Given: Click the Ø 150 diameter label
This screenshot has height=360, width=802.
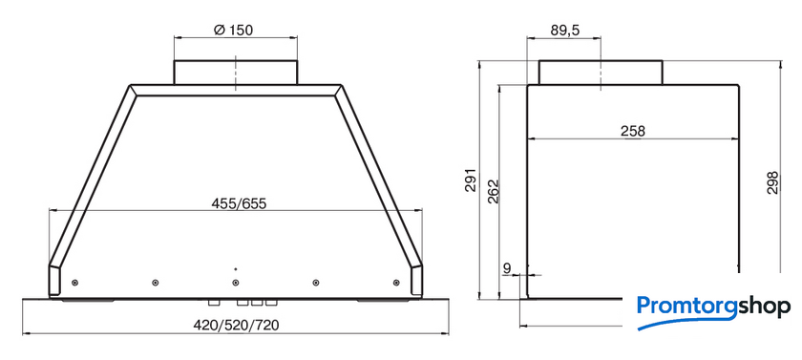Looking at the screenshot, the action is (233, 31).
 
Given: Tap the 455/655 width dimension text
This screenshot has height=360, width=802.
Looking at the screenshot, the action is (239, 203).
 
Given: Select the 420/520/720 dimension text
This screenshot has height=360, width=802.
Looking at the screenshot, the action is (236, 326).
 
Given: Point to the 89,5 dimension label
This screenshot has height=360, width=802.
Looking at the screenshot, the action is (564, 32).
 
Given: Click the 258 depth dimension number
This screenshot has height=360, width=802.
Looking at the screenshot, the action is (633, 131).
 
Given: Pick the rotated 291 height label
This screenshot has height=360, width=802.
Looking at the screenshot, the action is (471, 180).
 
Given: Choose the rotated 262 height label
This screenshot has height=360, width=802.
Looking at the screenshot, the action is (493, 192).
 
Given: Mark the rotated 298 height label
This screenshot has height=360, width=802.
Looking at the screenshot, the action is (772, 182).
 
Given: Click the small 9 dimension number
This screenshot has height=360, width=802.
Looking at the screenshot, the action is (507, 267).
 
